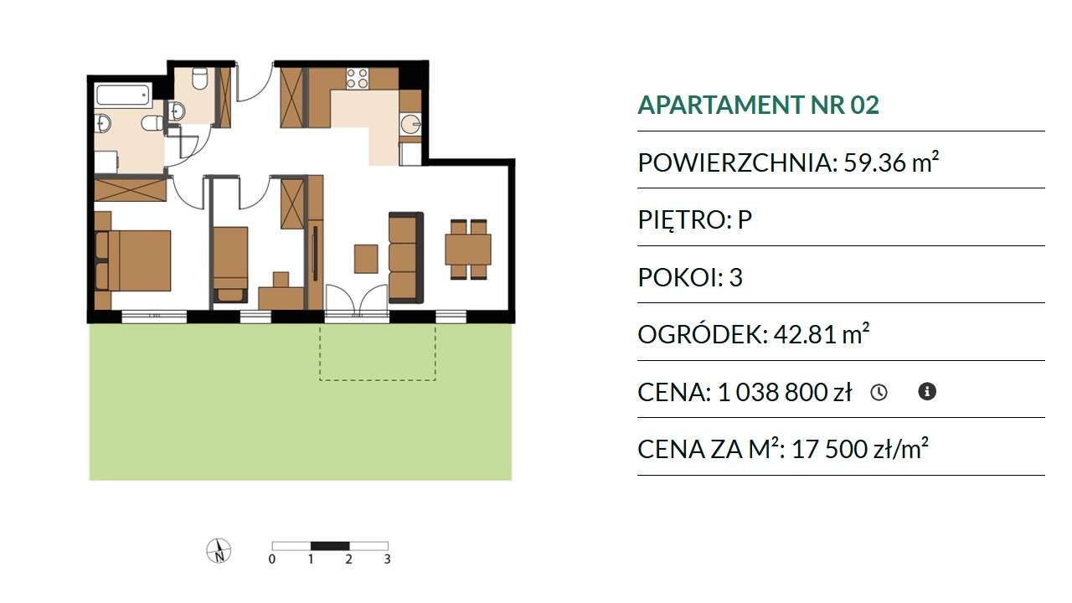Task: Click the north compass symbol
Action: [219, 551]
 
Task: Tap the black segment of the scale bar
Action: [330, 546]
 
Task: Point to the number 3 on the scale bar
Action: [387, 559]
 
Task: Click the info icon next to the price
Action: [927, 391]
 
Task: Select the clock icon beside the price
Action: [879, 393]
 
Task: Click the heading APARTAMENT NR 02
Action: [759, 105]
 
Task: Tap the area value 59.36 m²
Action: [891, 162]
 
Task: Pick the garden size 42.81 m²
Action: [822, 333]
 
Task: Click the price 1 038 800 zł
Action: [785, 392]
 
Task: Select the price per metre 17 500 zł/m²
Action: [860, 448]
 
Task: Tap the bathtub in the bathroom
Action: [123, 95]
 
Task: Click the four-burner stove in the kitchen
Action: [358, 79]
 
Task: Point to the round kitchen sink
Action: [410, 125]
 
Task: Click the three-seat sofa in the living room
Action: [406, 257]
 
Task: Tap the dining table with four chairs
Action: [468, 249]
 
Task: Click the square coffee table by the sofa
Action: [366, 259]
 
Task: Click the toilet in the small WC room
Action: [199, 80]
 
